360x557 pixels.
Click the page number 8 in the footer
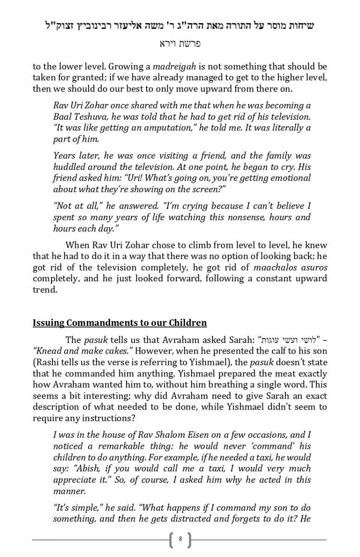tap(180, 539)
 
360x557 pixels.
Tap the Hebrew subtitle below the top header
tap(180, 44)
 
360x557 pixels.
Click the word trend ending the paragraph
tap(44, 289)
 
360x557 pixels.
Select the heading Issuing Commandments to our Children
tap(120, 323)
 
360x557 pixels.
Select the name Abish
tap(65, 468)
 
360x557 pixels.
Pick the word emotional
tap(290, 178)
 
